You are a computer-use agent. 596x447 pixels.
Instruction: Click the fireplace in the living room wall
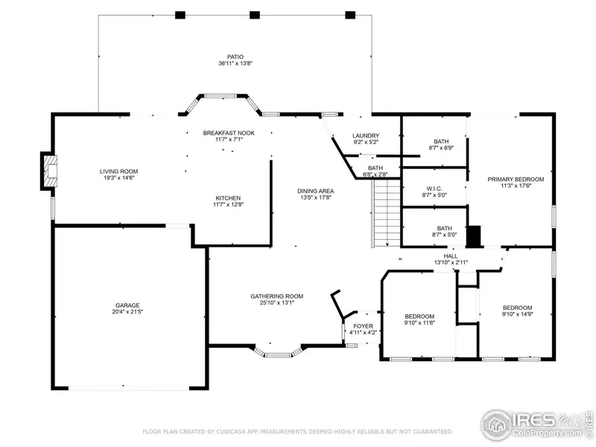(50, 171)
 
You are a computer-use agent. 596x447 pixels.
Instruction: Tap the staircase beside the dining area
(387, 213)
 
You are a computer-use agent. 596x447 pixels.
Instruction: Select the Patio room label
(235, 57)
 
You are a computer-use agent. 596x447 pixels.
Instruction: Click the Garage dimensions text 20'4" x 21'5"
(127, 311)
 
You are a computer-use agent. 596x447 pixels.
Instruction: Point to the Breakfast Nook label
(229, 133)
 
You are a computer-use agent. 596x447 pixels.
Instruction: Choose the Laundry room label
(366, 136)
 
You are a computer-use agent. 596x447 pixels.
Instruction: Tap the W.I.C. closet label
(434, 188)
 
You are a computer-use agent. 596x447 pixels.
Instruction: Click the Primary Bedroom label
(516, 179)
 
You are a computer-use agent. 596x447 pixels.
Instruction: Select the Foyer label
(363, 326)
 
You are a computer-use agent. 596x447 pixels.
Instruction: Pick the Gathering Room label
(276, 296)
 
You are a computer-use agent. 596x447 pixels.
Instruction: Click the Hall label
(451, 256)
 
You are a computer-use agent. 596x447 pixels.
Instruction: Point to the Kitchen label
(228, 198)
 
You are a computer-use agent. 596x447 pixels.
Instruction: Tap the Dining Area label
(315, 191)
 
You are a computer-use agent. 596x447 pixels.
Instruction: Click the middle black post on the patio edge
(255, 15)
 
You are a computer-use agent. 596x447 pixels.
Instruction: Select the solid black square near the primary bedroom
(474, 237)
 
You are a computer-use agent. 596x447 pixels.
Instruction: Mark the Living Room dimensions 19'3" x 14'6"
(118, 178)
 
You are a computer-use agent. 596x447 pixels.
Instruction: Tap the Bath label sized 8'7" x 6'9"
(441, 142)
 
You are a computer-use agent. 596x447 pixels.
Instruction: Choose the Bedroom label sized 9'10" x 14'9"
(517, 308)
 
